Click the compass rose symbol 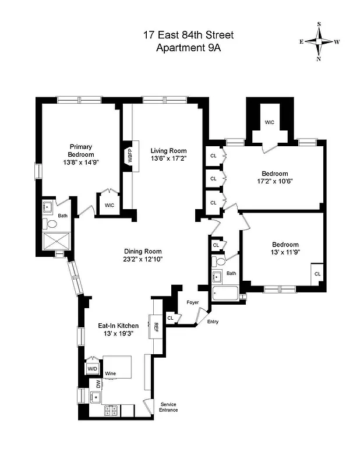pos(319,41)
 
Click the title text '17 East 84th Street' pos(188,36)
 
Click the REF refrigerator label pos(156,327)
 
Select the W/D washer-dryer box pos(93,369)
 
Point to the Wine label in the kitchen pos(111,373)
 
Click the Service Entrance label pos(168,407)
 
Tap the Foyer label pos(192,302)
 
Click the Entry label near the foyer pos(213,321)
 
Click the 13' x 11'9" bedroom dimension pos(285,252)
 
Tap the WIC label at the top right pos(269,122)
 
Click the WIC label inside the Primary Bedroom pos(110,206)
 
